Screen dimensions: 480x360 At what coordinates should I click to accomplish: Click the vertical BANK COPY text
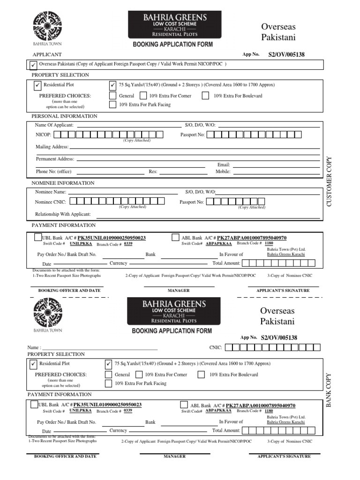click(x=329, y=390)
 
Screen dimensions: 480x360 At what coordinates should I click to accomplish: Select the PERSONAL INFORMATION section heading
click(x=64, y=116)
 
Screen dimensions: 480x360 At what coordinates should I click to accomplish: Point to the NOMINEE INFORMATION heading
click(x=63, y=183)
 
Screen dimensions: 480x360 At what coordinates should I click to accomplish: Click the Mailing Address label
click(x=52, y=147)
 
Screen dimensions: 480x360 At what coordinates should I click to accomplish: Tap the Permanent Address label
click(x=55, y=159)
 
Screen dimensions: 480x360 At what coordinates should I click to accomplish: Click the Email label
click(x=224, y=165)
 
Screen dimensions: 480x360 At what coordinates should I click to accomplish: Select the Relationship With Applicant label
click(x=63, y=214)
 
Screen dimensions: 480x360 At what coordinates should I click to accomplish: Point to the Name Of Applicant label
click(x=54, y=125)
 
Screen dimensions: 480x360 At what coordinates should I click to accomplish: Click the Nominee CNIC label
click(x=51, y=202)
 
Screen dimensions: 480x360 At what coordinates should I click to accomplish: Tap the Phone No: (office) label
click(x=53, y=172)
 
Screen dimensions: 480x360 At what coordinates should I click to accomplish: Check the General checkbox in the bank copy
click(x=108, y=375)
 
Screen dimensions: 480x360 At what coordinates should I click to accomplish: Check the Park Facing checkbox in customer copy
click(x=112, y=105)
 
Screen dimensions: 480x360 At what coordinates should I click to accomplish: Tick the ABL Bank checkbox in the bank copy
click(x=183, y=405)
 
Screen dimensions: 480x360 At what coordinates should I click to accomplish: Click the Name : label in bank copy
click(x=34, y=348)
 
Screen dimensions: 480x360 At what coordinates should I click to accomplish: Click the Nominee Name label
click(x=51, y=192)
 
